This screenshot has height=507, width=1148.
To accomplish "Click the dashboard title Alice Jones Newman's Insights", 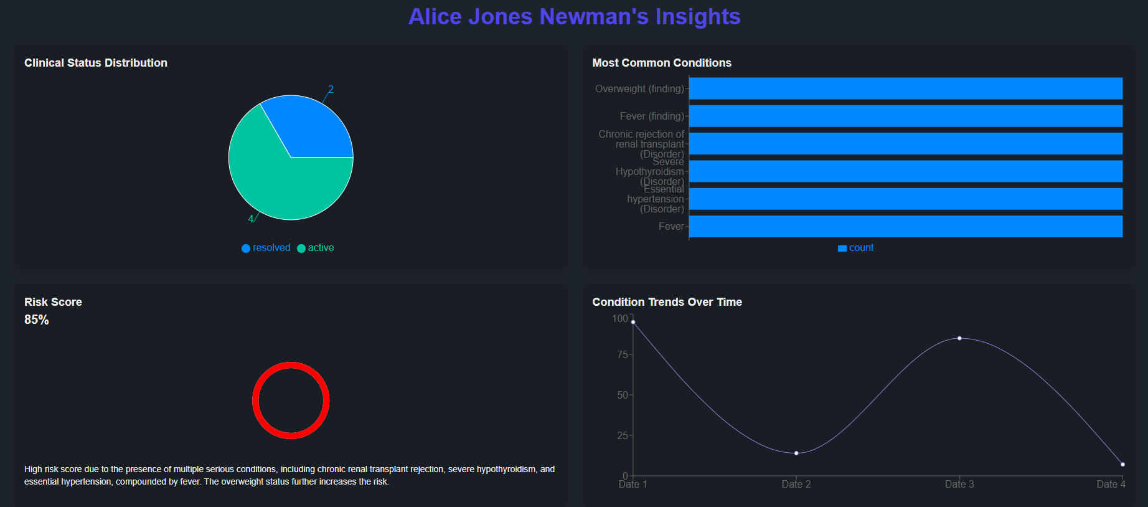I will point(574,17).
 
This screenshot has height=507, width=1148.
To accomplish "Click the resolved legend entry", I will point(266,248).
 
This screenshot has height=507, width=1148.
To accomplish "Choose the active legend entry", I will point(316,248).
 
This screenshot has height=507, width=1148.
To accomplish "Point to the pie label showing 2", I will point(331,90).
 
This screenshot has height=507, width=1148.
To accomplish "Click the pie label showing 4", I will point(251,219).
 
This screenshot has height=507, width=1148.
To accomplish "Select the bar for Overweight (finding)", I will point(905,88).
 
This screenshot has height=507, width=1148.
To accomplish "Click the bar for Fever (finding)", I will point(905,116).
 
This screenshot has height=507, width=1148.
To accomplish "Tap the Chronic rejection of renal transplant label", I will point(641,144).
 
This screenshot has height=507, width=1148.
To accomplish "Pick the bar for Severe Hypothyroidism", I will point(905,171).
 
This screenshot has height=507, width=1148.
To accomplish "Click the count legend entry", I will point(856,248).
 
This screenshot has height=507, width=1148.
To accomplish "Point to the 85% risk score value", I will point(37,320).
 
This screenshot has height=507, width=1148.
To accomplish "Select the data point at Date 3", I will point(959,338).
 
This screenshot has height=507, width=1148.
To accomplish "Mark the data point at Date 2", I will point(796,453).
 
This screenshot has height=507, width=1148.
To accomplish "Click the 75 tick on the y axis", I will point(622,354).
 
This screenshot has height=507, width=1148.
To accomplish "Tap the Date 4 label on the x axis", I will point(1111,484).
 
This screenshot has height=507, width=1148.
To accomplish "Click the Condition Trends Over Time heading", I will point(667,302).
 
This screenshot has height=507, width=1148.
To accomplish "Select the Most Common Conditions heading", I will point(662,63).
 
